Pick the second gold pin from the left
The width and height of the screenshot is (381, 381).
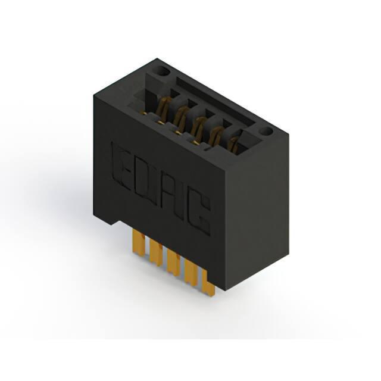[155, 252]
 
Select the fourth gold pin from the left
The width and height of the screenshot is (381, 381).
[192, 271]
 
